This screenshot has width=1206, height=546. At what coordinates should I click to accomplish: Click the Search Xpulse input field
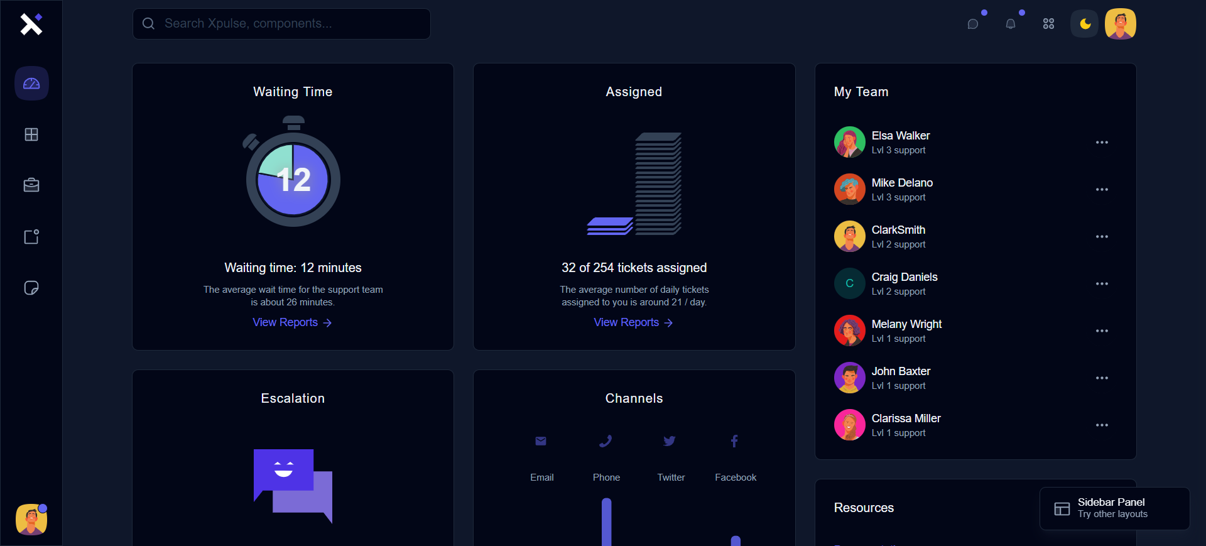(x=281, y=24)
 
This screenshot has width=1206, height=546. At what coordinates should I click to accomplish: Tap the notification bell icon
(x=1011, y=24)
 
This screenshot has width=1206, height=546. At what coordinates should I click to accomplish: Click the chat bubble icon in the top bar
(x=973, y=24)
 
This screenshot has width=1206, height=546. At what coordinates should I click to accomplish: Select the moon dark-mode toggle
(x=1085, y=24)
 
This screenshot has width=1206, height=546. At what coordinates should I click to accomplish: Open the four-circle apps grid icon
(x=1048, y=24)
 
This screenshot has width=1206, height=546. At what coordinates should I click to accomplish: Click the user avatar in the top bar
(x=1121, y=24)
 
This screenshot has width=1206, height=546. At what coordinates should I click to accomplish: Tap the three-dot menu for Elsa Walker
(x=1102, y=143)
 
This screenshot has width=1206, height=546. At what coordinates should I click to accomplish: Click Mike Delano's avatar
(x=849, y=189)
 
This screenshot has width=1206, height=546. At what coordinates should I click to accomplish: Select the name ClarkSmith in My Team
(x=898, y=230)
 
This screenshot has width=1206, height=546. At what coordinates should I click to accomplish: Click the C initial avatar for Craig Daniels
(x=849, y=283)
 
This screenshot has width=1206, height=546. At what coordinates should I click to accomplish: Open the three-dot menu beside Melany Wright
(x=1102, y=331)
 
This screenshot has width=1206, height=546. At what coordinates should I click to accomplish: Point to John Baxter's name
(x=901, y=371)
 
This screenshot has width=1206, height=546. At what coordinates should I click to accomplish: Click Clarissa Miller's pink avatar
(x=849, y=425)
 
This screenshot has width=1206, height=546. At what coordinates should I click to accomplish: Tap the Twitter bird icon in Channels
(x=670, y=441)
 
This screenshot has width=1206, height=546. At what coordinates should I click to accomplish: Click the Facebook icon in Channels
(x=734, y=441)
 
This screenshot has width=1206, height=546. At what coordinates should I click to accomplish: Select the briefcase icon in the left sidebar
(x=31, y=185)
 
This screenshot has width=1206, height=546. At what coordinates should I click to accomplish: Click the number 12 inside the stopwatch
(x=293, y=180)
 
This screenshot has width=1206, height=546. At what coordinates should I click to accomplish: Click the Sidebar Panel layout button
(x=1114, y=508)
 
